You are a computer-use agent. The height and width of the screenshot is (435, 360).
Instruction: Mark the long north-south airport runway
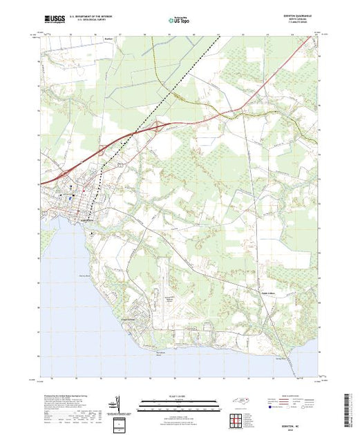(x=160, y=283)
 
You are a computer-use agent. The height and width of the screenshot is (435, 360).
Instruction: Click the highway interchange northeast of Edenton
(x=160, y=126)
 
